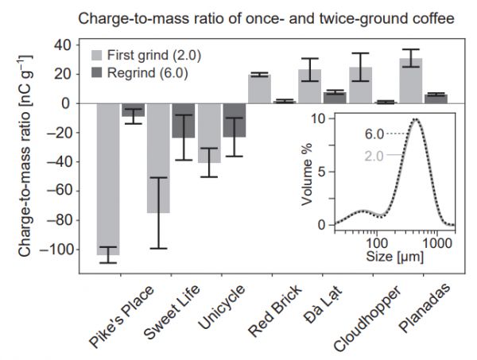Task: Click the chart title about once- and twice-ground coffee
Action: click(259, 14)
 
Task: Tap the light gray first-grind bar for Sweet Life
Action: click(158, 158)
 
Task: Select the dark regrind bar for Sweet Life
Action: click(184, 121)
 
